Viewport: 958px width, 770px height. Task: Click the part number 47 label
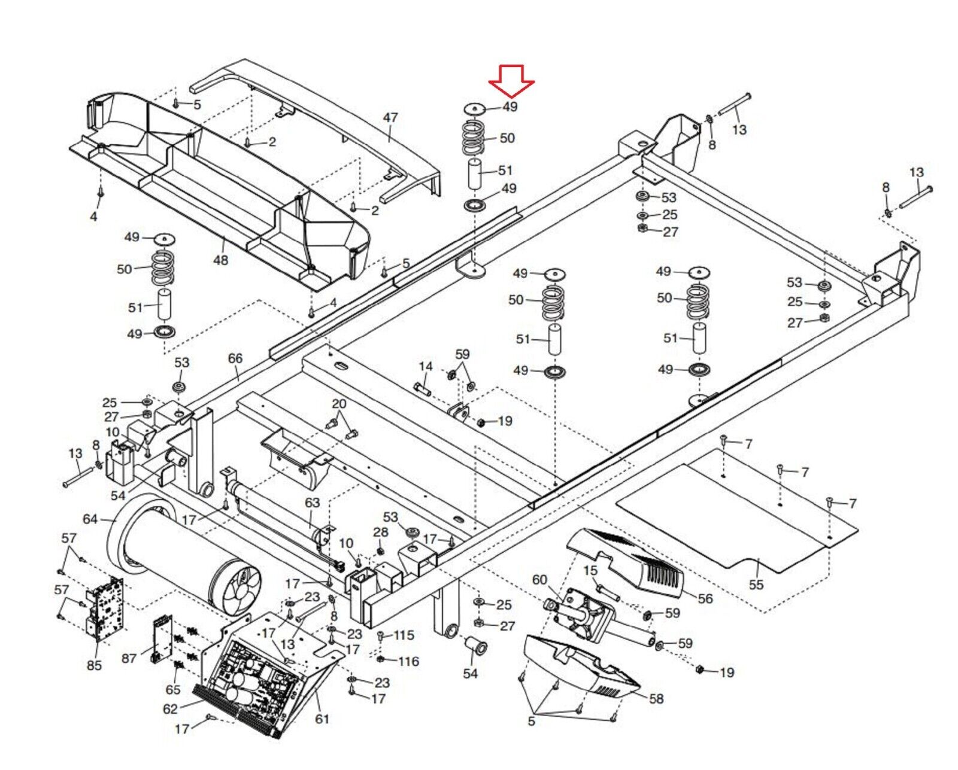click(390, 117)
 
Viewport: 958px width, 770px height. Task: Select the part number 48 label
click(220, 260)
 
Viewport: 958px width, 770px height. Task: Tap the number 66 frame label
click(235, 358)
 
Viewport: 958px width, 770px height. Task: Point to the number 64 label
click(90, 519)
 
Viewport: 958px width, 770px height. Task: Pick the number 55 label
click(756, 585)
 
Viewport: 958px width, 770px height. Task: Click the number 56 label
click(705, 598)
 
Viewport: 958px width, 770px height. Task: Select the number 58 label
click(656, 698)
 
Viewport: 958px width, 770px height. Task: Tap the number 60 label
click(539, 580)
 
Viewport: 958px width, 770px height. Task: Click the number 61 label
click(322, 719)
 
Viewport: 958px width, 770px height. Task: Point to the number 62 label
click(171, 709)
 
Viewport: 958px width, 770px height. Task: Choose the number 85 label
click(95, 665)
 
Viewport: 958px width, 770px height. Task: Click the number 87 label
click(129, 658)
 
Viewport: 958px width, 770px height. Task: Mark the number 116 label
click(408, 661)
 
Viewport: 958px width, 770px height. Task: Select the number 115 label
click(404, 635)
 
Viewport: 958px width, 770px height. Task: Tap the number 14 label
click(426, 366)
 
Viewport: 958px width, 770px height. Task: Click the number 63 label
click(313, 503)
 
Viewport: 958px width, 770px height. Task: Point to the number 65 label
click(173, 689)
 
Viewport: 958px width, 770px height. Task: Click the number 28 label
click(381, 532)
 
